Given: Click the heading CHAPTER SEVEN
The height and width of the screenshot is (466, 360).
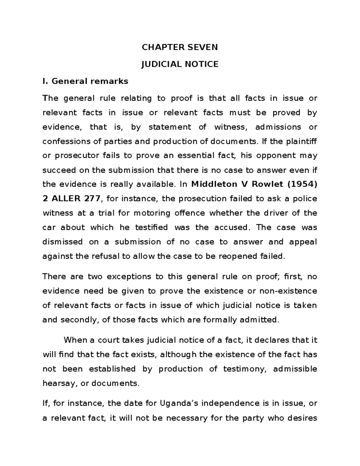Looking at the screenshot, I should [x=180, y=47].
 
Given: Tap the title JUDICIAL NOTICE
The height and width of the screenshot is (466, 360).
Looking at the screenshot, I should [x=180, y=64].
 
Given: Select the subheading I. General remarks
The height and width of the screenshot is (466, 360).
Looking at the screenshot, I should [x=85, y=81].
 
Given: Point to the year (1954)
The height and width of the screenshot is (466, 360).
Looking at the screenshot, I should [x=302, y=184].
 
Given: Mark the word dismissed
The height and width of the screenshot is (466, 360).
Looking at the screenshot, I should [x=63, y=242].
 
